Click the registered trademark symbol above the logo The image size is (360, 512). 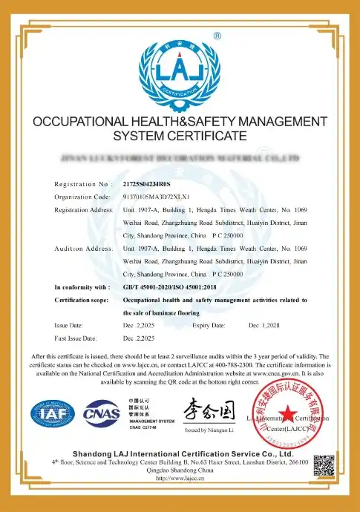(x=217, y=35)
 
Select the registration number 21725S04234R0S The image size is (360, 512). (x=146, y=183)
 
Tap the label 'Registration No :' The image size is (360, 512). (x=81, y=183)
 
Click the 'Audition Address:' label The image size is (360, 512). (x=83, y=249)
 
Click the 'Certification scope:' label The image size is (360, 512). (x=85, y=300)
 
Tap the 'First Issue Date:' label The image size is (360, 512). (x=76, y=338)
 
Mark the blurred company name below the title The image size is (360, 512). (x=180, y=159)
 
